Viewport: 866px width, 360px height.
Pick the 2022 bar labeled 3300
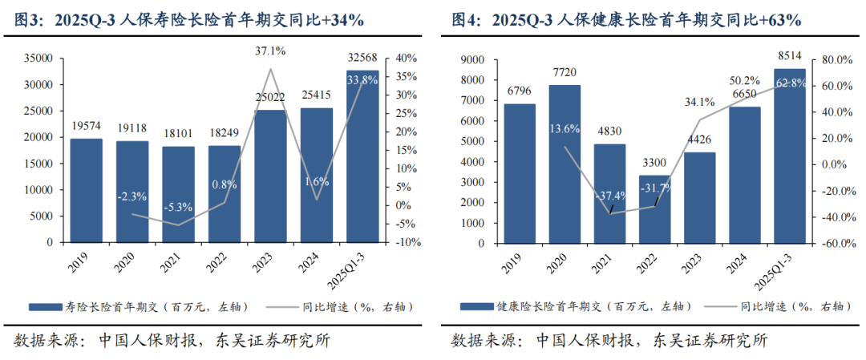[x=654, y=208]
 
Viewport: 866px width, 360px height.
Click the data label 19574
[x=86, y=126]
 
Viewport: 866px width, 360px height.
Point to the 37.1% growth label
[x=270, y=51]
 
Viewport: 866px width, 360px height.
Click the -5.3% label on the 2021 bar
[x=178, y=208]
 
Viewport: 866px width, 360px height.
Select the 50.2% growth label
[x=745, y=80]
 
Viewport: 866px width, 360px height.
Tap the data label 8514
[x=790, y=56]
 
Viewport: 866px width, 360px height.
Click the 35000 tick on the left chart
[x=38, y=59]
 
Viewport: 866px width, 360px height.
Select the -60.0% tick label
[x=831, y=243]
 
